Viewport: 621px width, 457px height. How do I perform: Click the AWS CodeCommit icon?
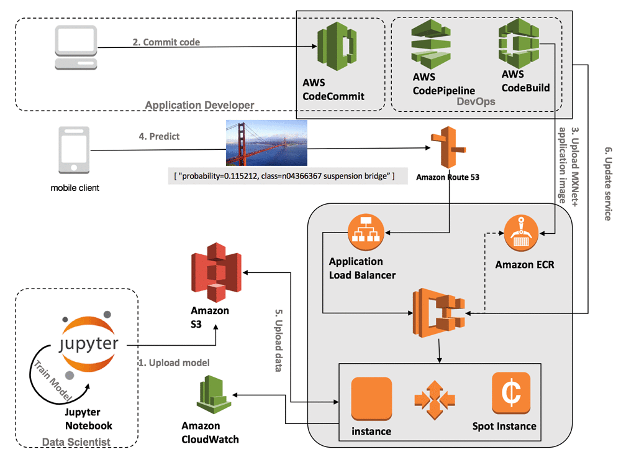click(335, 48)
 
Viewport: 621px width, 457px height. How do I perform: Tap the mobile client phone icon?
click(70, 150)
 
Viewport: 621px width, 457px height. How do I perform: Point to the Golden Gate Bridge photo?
click(266, 144)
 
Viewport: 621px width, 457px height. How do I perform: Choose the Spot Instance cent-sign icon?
click(510, 394)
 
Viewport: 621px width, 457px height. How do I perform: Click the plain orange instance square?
click(371, 399)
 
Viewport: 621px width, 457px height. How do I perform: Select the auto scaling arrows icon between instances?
click(435, 399)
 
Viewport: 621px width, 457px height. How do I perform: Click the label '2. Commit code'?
click(166, 42)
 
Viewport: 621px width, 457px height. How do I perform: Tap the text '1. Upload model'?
click(175, 362)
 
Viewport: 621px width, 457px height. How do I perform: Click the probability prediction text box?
click(284, 177)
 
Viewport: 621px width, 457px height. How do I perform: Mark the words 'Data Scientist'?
click(76, 442)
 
